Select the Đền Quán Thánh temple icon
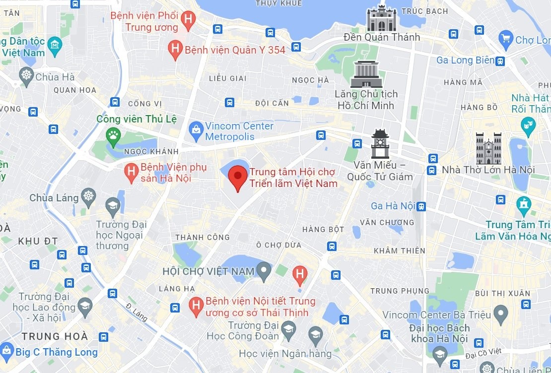click(381, 18)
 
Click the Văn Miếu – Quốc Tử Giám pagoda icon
click(380, 143)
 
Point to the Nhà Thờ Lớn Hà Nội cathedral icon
click(488, 148)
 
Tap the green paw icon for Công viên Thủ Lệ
click(113, 134)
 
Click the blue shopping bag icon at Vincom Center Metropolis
click(197, 131)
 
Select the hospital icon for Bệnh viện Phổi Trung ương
click(188, 20)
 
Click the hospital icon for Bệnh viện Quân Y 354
click(175, 49)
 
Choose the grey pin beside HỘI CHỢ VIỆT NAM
click(265, 271)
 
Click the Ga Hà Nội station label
click(393, 206)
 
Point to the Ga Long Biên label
click(465, 60)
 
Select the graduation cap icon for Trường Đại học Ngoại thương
click(113, 206)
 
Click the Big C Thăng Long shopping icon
click(7, 352)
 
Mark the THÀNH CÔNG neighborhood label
click(202, 238)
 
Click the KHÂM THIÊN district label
click(399, 250)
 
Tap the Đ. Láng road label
click(137, 312)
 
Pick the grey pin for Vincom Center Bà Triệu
click(501, 313)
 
